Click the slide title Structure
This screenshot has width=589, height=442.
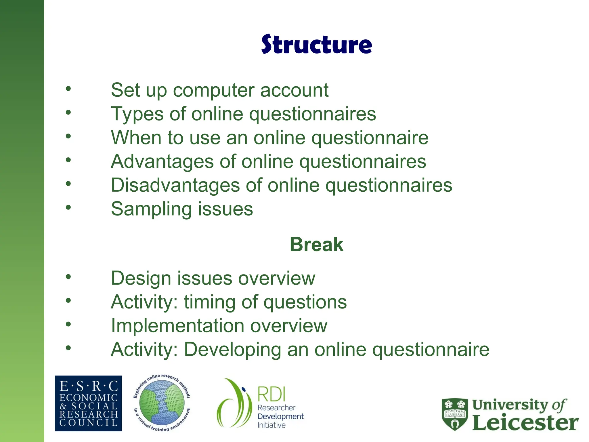point(316,45)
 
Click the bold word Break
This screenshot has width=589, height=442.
point(316,245)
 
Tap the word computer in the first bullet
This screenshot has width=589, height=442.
point(214,91)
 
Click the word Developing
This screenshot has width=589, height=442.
point(232,350)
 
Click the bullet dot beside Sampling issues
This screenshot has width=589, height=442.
point(68,207)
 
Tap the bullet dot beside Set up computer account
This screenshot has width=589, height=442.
point(68,89)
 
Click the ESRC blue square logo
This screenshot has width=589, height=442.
point(88,403)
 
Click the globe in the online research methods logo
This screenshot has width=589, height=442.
point(162,403)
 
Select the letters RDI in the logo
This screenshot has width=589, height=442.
point(271,394)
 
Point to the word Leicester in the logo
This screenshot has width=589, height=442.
point(525,423)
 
